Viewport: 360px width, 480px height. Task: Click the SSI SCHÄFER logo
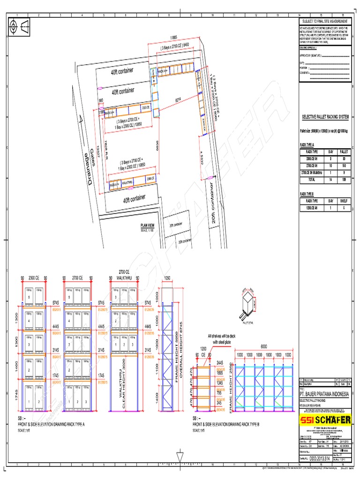(325, 420)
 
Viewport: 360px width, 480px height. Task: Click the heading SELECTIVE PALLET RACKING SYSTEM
(325, 115)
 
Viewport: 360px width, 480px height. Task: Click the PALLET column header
(344, 152)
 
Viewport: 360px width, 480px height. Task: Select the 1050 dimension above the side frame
(168, 277)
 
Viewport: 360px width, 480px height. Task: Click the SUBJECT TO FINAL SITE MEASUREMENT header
(324, 22)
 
